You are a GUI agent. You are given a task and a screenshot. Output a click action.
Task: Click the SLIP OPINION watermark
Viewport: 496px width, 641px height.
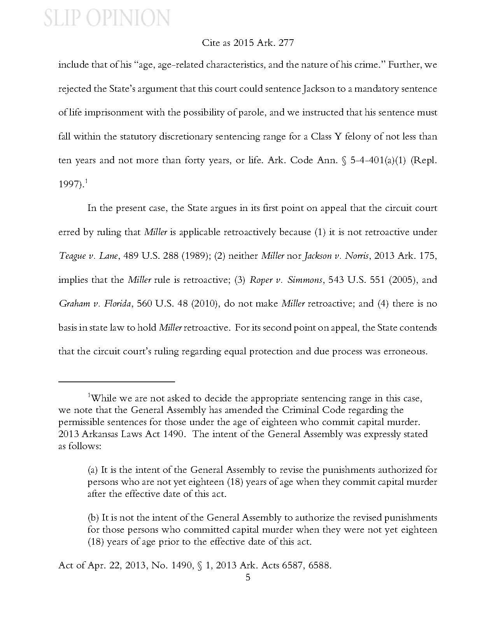click(x=107, y=18)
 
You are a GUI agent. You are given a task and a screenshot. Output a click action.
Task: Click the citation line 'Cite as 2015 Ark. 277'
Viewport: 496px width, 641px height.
click(x=248, y=43)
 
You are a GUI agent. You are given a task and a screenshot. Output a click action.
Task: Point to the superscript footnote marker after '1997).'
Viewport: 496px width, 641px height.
click(x=86, y=181)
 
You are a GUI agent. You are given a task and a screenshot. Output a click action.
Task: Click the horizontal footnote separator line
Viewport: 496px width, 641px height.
click(x=116, y=382)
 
